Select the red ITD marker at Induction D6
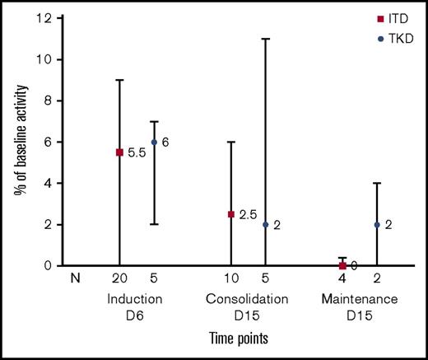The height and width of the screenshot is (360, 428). [121, 152]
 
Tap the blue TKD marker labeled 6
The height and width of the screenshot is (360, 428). [154, 142]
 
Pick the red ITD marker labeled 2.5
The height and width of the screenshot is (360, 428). [231, 214]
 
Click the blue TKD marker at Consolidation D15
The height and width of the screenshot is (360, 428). [265, 224]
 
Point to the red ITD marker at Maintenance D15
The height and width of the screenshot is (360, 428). [342, 265]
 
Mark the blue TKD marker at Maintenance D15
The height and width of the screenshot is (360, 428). [375, 224]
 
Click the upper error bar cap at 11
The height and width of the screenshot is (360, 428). [265, 39]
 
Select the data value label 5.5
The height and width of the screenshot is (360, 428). [137, 153]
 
